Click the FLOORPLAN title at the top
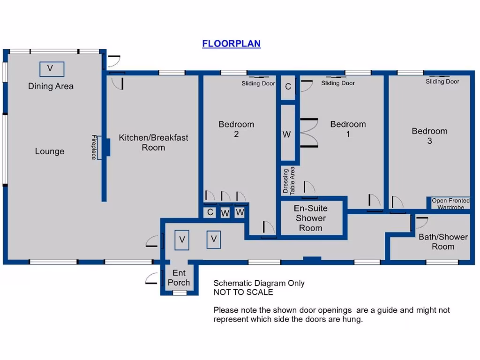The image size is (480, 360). (x=231, y=44)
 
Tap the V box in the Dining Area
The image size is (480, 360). (x=51, y=69)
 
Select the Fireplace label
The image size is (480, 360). (x=94, y=147)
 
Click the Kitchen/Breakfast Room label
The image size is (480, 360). (x=153, y=142)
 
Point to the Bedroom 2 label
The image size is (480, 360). (x=236, y=129)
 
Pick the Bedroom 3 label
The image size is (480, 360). (x=429, y=136)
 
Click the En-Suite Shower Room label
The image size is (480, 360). (x=310, y=218)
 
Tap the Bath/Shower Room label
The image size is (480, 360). (x=443, y=242)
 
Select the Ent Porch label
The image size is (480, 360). (x=179, y=277)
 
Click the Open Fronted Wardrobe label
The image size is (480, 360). (x=450, y=204)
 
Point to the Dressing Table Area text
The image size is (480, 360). (x=289, y=180)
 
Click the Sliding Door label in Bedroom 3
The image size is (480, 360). (x=442, y=82)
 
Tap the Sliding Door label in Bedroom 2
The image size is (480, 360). (x=258, y=83)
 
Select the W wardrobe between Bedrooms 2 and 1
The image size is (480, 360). (x=287, y=135)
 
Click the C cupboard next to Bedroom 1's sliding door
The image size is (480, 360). (x=288, y=87)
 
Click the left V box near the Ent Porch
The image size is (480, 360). (x=182, y=240)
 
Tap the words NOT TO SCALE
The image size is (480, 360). (x=243, y=292)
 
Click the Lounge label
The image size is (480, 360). (x=50, y=151)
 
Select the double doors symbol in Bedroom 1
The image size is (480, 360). (x=308, y=133)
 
